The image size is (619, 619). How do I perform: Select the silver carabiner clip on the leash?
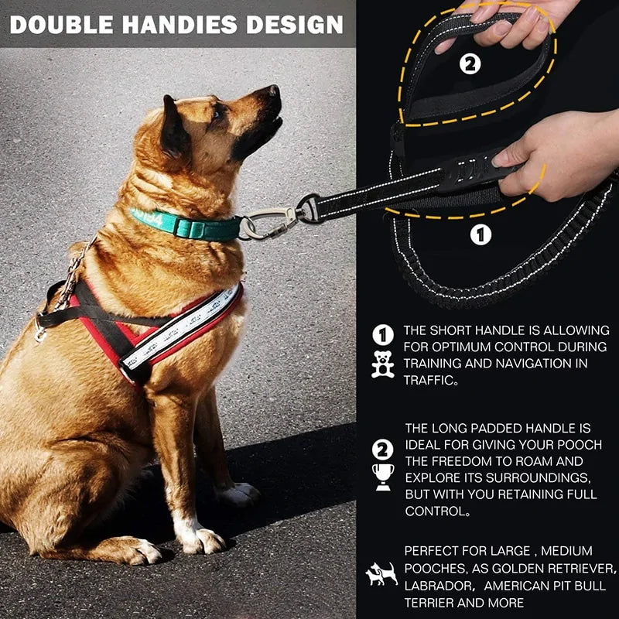click(x=267, y=224)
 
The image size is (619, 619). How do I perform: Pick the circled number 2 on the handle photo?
click(x=470, y=64)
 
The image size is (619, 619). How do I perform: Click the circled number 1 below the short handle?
click(x=480, y=234)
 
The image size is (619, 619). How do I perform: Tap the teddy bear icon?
click(x=382, y=364)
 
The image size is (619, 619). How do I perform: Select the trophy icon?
click(x=382, y=477)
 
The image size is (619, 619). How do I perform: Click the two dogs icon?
click(x=381, y=573)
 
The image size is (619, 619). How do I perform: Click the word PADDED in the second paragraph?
click(x=497, y=428)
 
